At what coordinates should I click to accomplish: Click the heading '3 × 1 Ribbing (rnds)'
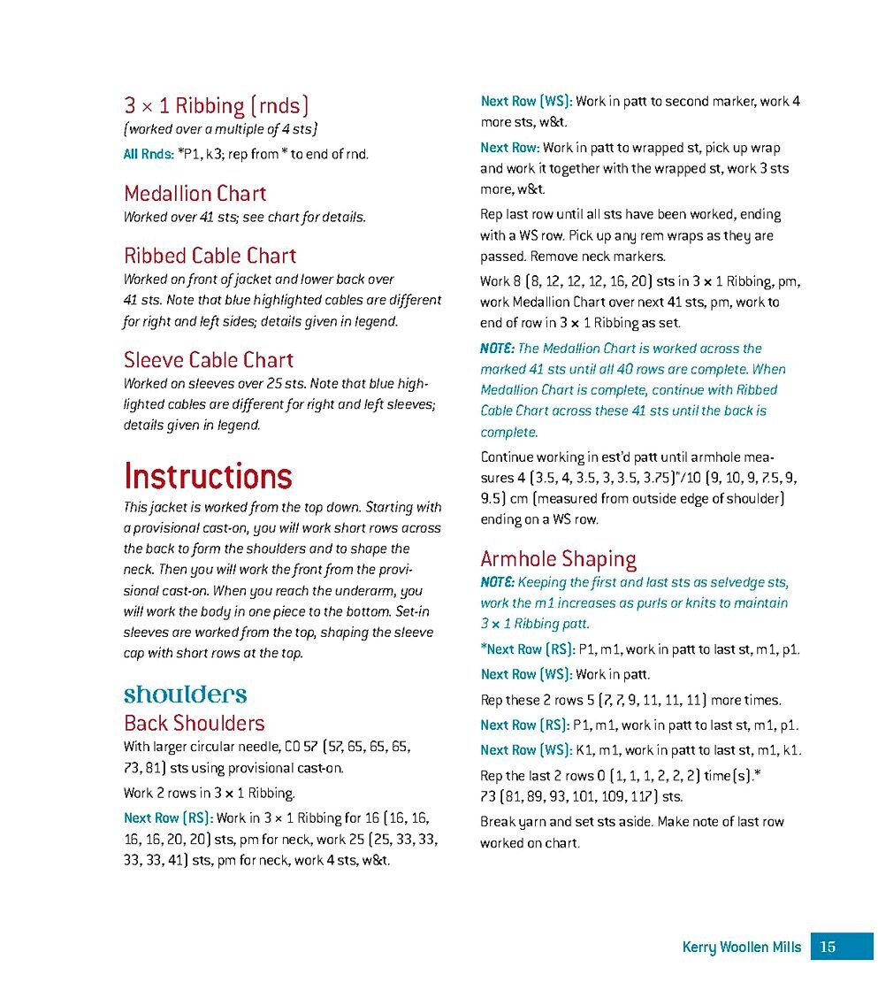tap(216, 107)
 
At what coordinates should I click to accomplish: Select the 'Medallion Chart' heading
tap(195, 194)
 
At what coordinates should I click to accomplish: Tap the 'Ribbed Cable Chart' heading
tap(210, 257)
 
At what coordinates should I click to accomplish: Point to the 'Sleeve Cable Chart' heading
tap(208, 360)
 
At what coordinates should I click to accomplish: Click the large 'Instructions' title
tap(208, 476)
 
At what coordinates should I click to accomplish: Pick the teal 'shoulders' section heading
tap(185, 694)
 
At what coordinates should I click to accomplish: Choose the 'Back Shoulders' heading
tap(194, 723)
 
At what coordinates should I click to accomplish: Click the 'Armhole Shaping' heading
tap(558, 559)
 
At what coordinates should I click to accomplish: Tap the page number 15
tap(828, 948)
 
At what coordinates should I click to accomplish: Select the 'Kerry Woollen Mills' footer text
tap(741, 948)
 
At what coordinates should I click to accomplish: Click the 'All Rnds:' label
tap(148, 154)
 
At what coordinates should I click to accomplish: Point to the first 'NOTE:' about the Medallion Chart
tap(497, 349)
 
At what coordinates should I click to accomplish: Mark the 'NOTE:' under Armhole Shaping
tap(497, 582)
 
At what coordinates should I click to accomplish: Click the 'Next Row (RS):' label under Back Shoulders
tap(168, 817)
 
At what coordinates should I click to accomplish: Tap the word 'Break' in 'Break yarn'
tap(498, 822)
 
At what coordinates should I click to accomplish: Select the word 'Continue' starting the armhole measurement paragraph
tap(509, 457)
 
